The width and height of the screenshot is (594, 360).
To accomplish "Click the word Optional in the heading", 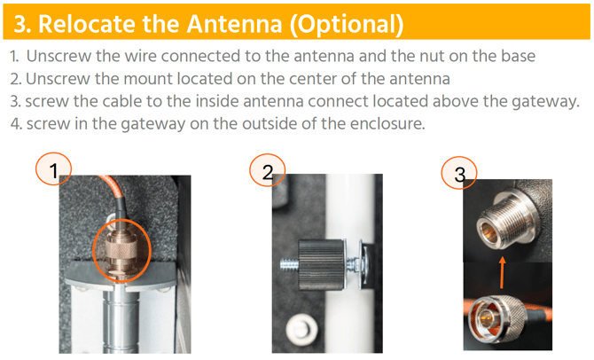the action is pyautogui.click(x=347, y=25).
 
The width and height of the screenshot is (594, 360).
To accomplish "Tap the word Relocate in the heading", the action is pyautogui.click(x=87, y=23).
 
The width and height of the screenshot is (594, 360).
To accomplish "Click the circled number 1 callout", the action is pyautogui.click(x=53, y=169).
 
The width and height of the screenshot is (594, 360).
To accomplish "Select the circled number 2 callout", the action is pyautogui.click(x=267, y=170).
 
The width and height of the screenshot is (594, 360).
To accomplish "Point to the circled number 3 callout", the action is pyautogui.click(x=459, y=173).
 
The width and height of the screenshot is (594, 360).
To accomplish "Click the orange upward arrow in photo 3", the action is pyautogui.click(x=503, y=273).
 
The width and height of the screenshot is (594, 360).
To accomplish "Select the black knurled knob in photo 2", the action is pyautogui.click(x=321, y=264).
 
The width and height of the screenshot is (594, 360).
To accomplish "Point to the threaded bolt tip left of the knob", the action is pyautogui.click(x=289, y=264).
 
